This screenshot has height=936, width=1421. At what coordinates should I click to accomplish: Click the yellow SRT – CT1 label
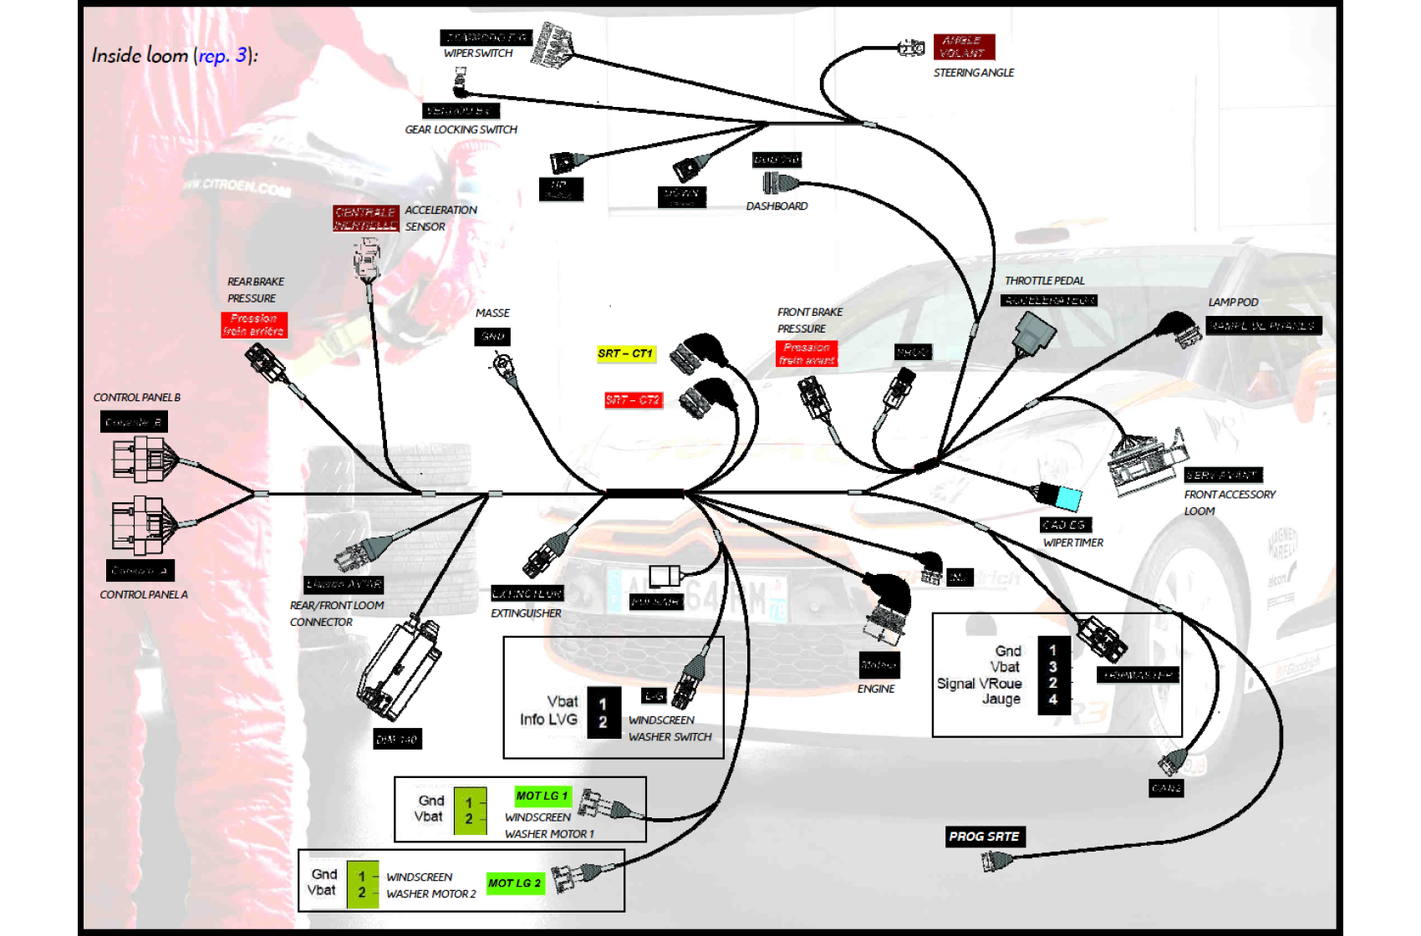[x=625, y=354]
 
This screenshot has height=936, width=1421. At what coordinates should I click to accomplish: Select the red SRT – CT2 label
[x=633, y=400]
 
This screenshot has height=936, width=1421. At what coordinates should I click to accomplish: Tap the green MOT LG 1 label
[x=542, y=796]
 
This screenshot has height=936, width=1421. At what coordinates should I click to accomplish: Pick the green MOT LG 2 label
[x=515, y=883]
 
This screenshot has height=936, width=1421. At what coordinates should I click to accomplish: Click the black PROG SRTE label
[x=985, y=837]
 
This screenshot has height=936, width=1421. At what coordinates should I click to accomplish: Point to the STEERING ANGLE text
[x=973, y=73]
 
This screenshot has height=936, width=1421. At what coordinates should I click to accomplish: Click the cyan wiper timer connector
[x=1067, y=498]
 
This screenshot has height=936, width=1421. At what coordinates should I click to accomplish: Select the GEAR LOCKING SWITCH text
[x=461, y=130]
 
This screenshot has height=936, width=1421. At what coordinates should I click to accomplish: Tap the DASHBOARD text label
[x=777, y=206]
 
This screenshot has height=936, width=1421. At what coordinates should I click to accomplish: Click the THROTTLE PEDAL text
[x=1044, y=281]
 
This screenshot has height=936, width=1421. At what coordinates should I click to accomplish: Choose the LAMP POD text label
[x=1232, y=303]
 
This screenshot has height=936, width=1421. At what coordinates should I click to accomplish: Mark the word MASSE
[x=492, y=313]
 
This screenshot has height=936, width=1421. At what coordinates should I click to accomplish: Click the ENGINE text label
[x=875, y=689]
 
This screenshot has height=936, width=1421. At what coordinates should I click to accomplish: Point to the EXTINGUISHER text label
[x=526, y=613]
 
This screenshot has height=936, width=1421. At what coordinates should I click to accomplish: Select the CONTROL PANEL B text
[x=137, y=398]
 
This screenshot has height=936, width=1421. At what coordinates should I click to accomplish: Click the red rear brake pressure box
[x=254, y=325]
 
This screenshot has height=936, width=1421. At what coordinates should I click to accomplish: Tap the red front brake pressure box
[x=807, y=354]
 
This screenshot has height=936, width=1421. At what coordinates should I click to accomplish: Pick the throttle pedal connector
[x=1035, y=333]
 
